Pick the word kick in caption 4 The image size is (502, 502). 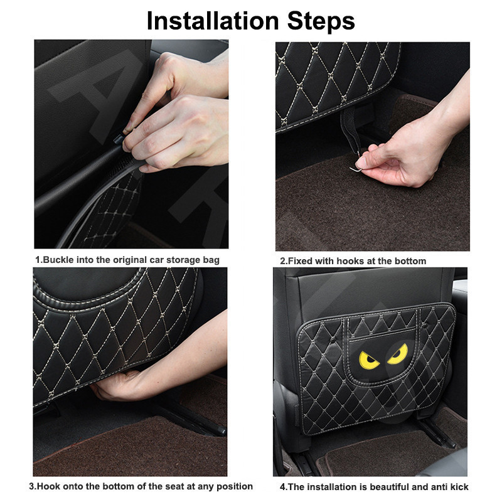click(x=459, y=486)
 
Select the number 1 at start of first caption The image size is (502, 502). click(x=37, y=260)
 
